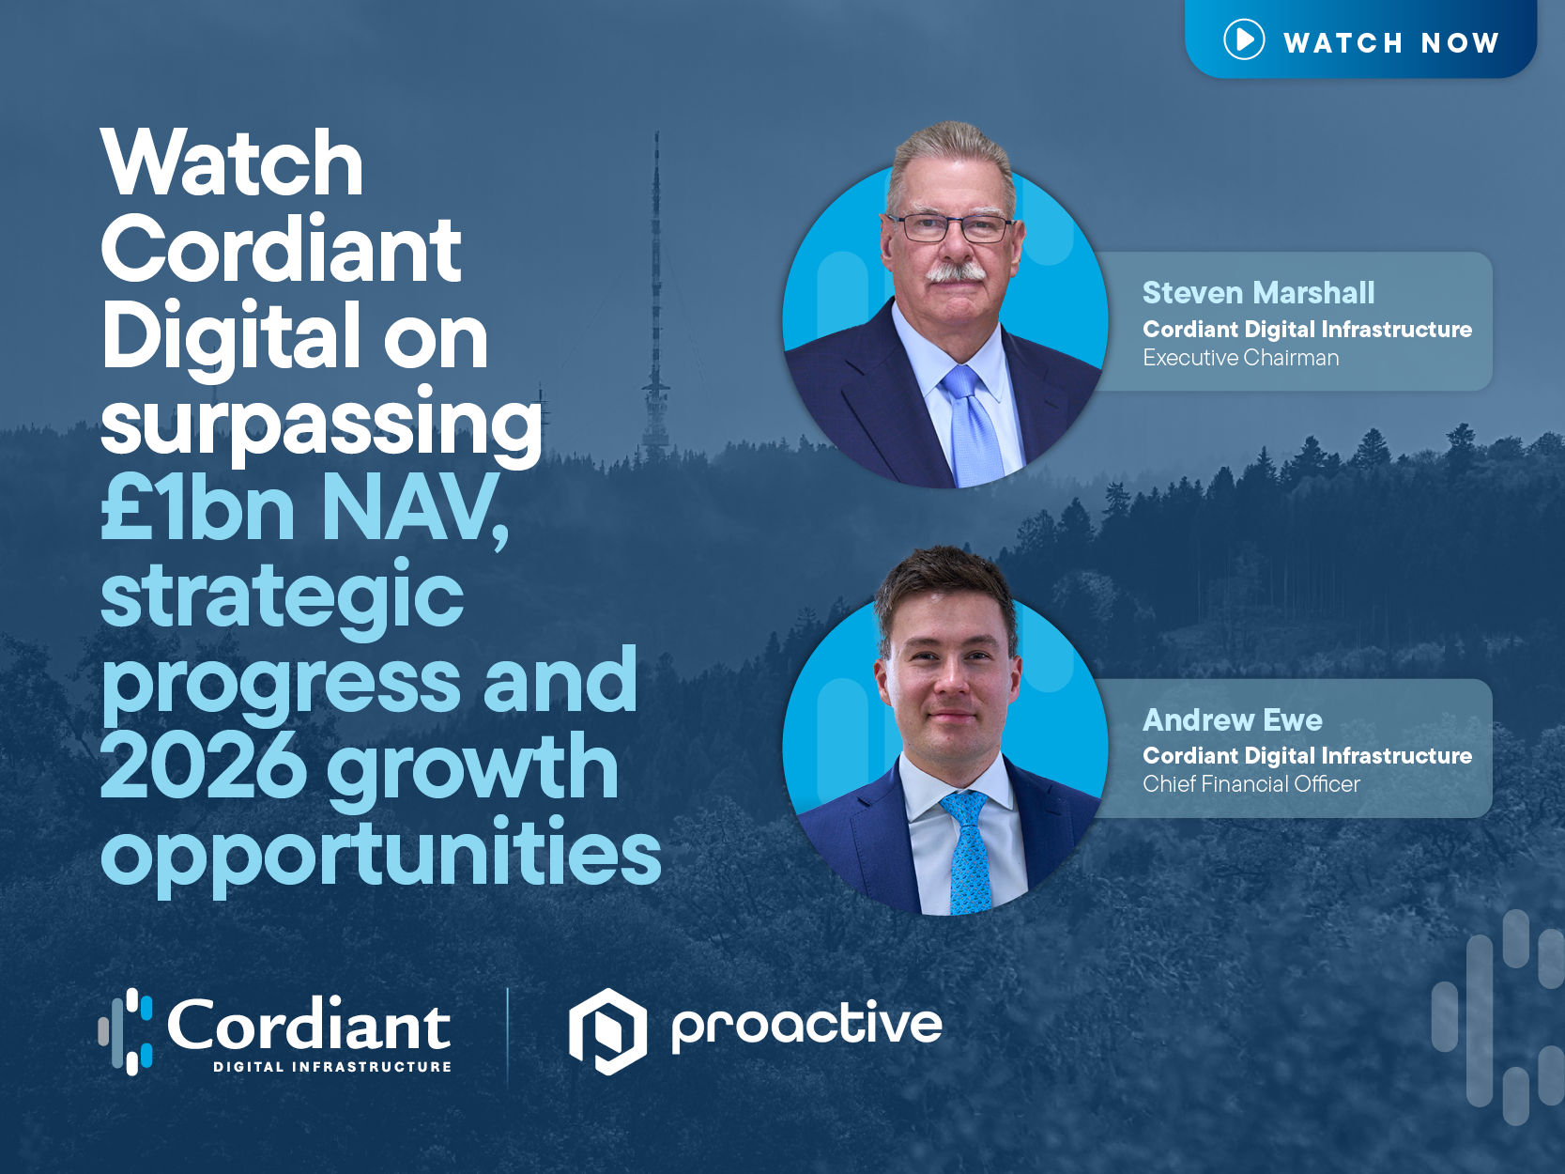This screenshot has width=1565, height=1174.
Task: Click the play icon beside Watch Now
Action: [x=1244, y=39]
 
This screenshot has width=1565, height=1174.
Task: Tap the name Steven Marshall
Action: [x=1258, y=293]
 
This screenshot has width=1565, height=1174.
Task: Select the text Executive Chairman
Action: [x=1240, y=358]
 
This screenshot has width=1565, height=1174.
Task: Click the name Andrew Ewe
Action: [x=1232, y=720]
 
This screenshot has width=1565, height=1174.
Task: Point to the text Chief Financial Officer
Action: [x=1250, y=784]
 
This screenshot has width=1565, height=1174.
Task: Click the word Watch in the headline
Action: [x=232, y=163]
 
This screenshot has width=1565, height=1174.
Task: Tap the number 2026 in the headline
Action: [x=203, y=767]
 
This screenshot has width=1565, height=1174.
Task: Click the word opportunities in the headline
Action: [x=381, y=852]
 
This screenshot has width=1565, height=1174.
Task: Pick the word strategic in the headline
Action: [x=282, y=595]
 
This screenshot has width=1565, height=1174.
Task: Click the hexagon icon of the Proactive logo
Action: [x=607, y=1030]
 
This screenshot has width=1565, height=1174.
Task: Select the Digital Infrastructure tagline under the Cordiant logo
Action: [x=332, y=1067]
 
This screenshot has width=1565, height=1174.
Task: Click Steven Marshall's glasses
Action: [x=950, y=226]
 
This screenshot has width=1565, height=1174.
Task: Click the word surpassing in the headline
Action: [x=321, y=424]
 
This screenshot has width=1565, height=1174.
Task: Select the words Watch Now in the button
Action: [x=1390, y=42]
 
